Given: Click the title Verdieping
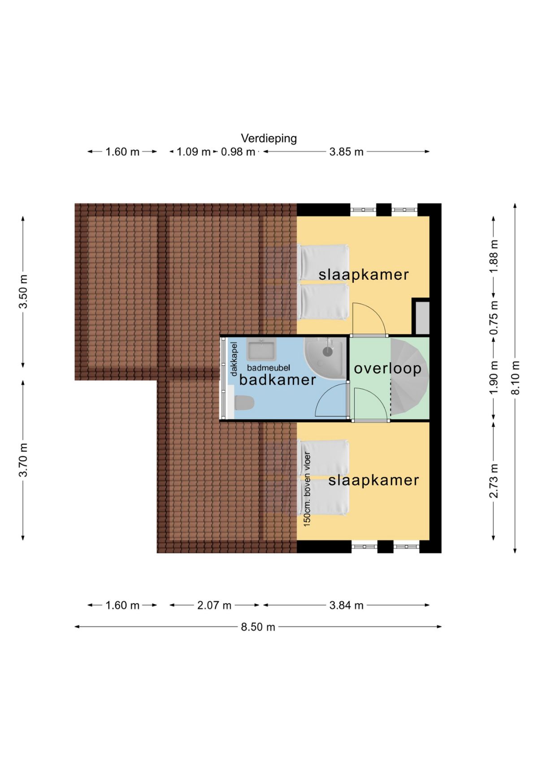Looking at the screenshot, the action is [x=269, y=138].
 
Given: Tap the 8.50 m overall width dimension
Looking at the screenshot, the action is [x=258, y=627].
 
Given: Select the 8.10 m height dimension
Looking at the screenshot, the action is [x=516, y=377].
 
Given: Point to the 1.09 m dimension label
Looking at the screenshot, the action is [x=193, y=152].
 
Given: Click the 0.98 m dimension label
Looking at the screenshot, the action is [x=238, y=152].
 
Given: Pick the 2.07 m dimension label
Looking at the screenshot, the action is [x=214, y=605].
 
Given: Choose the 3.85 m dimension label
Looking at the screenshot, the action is [x=346, y=152].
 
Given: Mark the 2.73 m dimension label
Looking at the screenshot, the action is [x=494, y=481].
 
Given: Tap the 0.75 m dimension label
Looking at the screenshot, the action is [x=494, y=317].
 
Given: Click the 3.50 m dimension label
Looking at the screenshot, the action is [x=23, y=291].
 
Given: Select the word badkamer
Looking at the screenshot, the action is [x=278, y=380].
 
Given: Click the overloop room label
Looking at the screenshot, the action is [x=387, y=368].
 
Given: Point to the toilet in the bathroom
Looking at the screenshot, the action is [x=244, y=402].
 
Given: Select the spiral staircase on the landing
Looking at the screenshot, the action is [x=409, y=377].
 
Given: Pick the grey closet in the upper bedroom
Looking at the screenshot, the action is [x=422, y=317].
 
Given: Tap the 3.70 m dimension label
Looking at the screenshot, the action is [x=23, y=460].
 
